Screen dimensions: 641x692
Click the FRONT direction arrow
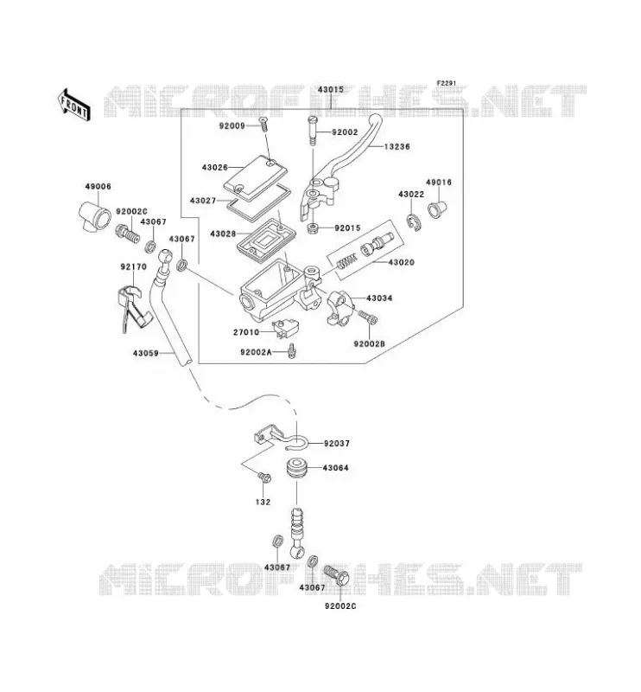coord(74,105)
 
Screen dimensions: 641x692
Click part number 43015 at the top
coord(331,90)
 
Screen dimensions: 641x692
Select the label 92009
coord(232,126)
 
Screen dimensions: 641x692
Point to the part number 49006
coord(98,187)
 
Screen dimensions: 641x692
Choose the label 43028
coord(223,234)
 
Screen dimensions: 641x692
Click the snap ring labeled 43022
coord(414,221)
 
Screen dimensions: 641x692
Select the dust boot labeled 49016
coord(437,208)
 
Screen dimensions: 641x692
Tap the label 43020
coord(401,263)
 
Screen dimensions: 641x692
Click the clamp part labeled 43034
coord(341,308)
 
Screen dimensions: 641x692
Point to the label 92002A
coord(256,352)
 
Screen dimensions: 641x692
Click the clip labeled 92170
coord(133,308)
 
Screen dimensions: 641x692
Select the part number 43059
coord(145,353)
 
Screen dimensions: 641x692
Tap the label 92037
coord(336,444)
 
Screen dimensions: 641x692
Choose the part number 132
coord(263,502)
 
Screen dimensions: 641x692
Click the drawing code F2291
coord(446,83)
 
